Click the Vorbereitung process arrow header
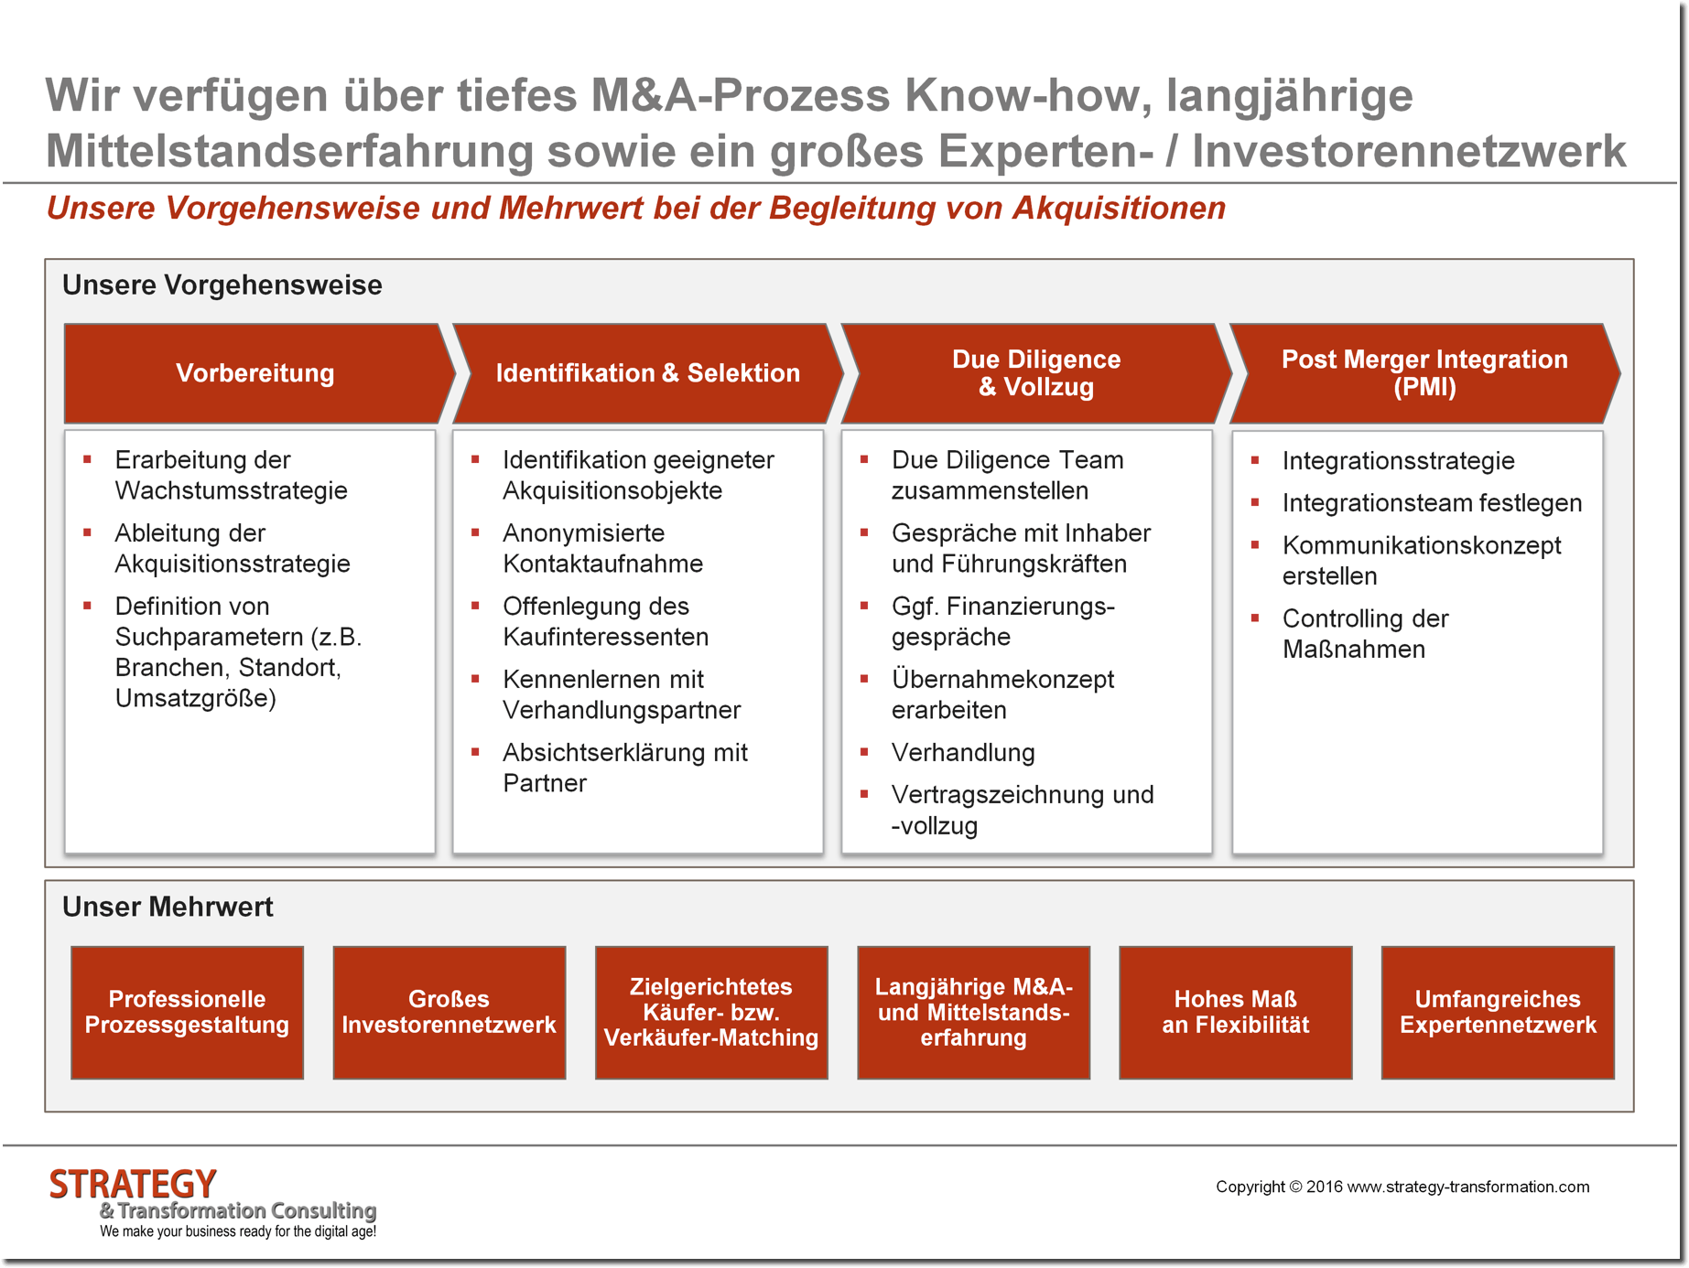pyautogui.click(x=255, y=373)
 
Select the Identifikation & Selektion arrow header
pyautogui.click(x=647, y=373)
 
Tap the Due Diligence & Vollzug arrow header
pyautogui.click(x=1035, y=373)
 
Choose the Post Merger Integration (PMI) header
pyautogui.click(x=1424, y=373)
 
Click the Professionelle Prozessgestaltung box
pyautogui.click(x=187, y=1012)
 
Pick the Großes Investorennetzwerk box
pyautogui.click(x=449, y=1012)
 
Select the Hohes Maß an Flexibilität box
pyautogui.click(x=1235, y=1012)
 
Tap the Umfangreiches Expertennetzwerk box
pyautogui.click(x=1497, y=1012)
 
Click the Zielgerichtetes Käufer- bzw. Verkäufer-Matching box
pyautogui.click(x=710, y=1012)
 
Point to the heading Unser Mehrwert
pyautogui.click(x=168, y=907)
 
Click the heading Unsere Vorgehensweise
pyautogui.click(x=222, y=285)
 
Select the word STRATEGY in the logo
pyautogui.click(x=133, y=1184)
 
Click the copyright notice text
pyautogui.click(x=1402, y=1187)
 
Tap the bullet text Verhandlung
pyautogui.click(x=963, y=753)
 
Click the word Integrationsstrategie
pyautogui.click(x=1398, y=461)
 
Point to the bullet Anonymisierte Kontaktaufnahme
pyautogui.click(x=602, y=548)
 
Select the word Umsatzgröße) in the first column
pyautogui.click(x=195, y=699)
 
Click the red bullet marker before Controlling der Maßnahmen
pyautogui.click(x=1255, y=618)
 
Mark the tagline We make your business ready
pyautogui.click(x=238, y=1231)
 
